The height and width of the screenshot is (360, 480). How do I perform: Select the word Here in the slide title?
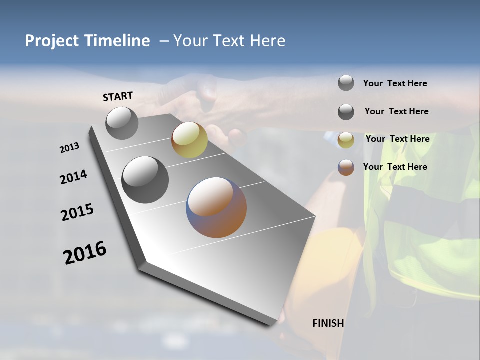(267, 41)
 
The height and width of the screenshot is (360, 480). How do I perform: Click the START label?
(118, 96)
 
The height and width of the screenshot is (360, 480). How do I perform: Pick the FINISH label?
(328, 323)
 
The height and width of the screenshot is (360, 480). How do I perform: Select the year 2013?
(69, 148)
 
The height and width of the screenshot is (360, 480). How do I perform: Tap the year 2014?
(73, 177)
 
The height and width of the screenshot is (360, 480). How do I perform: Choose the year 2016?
(85, 253)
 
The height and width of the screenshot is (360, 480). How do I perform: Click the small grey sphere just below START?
(122, 123)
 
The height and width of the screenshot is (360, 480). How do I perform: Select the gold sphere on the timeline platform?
(189, 140)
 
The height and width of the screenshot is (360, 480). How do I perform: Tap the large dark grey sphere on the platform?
(145, 180)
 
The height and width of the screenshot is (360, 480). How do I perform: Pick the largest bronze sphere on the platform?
(216, 207)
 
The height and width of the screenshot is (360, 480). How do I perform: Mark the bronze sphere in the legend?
(346, 167)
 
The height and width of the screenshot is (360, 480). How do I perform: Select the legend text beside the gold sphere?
(397, 139)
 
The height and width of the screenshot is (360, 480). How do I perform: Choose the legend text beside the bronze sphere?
(395, 167)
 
